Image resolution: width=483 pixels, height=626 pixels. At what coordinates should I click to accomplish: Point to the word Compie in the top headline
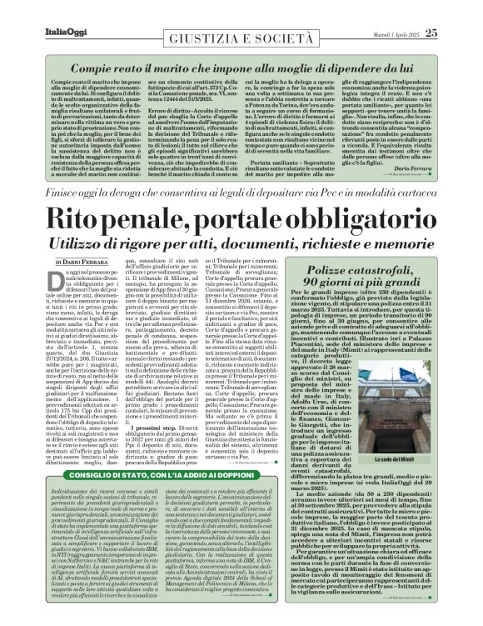77,63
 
